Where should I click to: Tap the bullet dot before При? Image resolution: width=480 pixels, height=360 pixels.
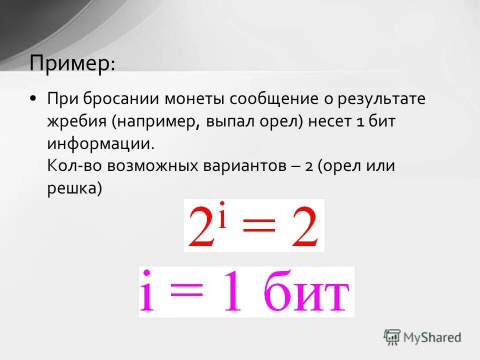tap(33, 98)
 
